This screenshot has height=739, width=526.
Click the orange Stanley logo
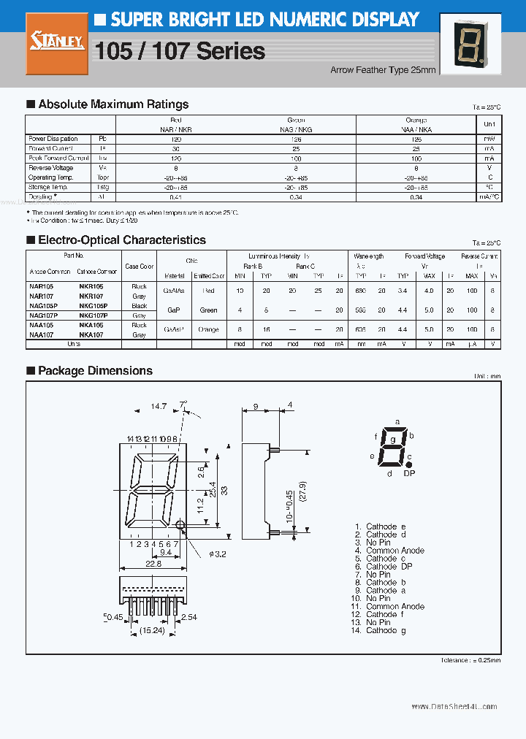(x=57, y=44)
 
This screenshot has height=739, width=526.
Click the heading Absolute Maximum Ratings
(x=113, y=104)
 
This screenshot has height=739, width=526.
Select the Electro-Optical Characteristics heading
(x=121, y=240)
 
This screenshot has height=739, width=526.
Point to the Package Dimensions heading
(x=95, y=371)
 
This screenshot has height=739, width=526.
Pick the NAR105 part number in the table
(x=41, y=287)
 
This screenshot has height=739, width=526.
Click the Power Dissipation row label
(x=53, y=139)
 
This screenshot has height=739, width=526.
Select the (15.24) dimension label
(x=152, y=630)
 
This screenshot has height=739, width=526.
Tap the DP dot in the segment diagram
(x=408, y=464)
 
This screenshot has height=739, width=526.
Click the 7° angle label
(x=185, y=403)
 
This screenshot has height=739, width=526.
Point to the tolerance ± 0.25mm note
(x=470, y=660)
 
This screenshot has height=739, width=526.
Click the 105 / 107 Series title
(x=180, y=51)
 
